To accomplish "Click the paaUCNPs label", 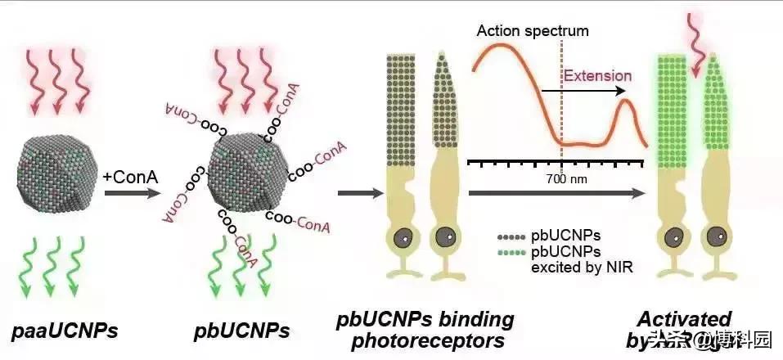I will point(65,331).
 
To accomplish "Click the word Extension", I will point(597,76).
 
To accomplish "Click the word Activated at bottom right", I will point(686,318).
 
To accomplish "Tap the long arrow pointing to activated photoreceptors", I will point(556,195).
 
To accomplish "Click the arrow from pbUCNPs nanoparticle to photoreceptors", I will point(359,195).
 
